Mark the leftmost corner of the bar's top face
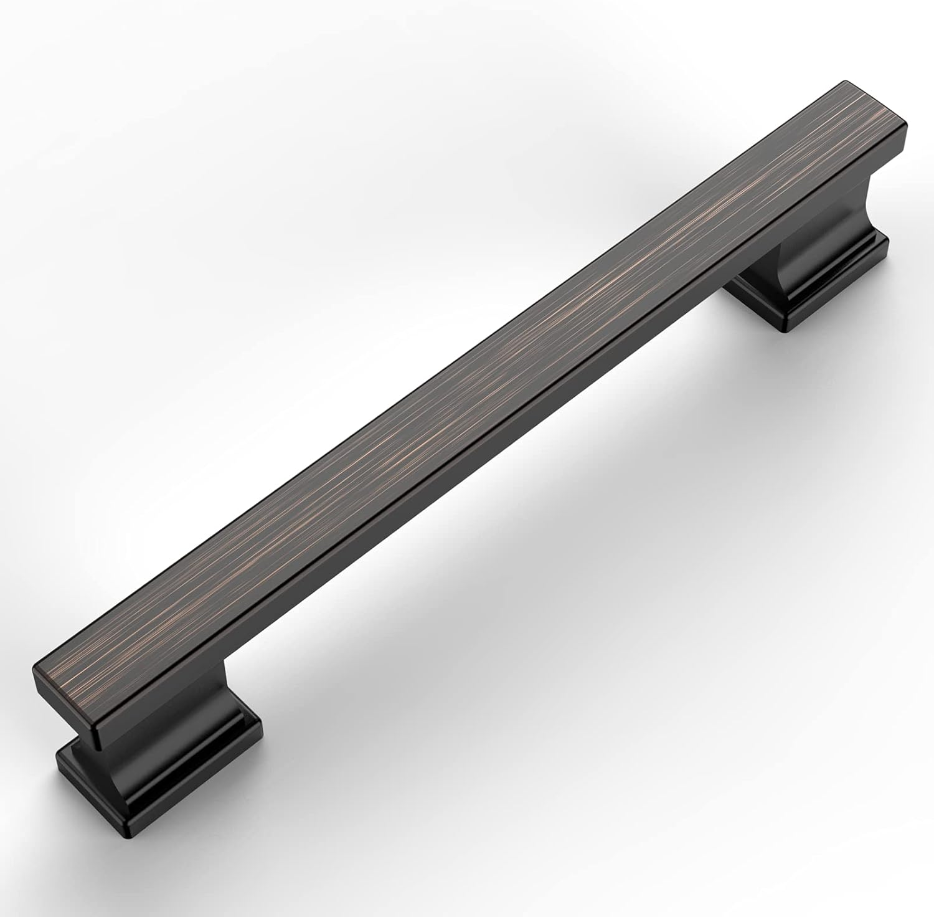click(32, 670)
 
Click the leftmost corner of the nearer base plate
click(57, 757)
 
